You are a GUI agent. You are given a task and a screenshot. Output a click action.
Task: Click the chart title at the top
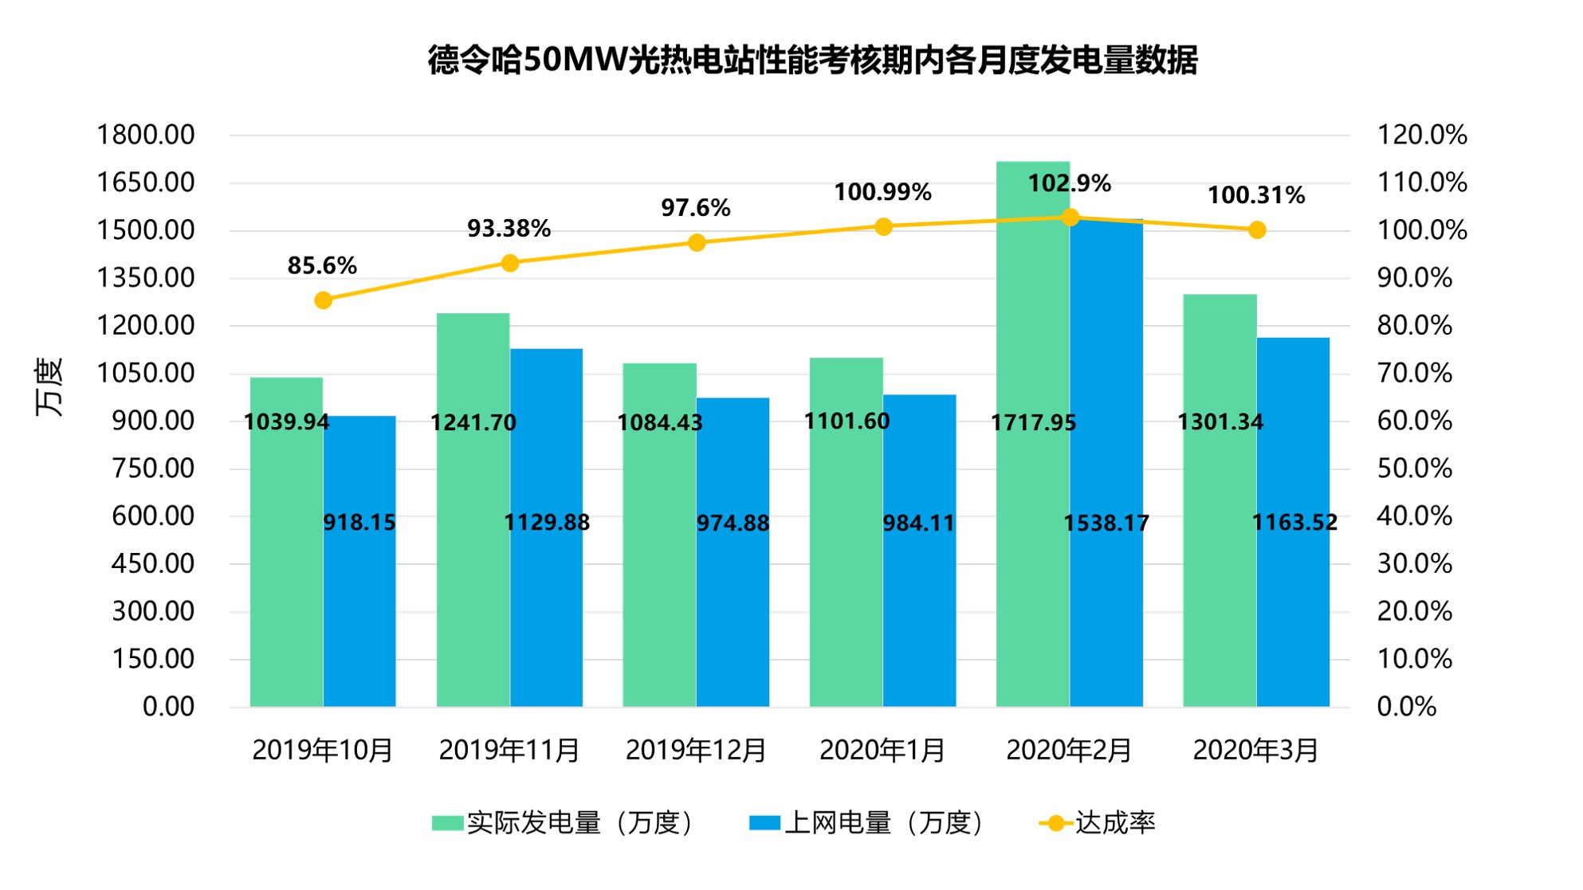tap(812, 60)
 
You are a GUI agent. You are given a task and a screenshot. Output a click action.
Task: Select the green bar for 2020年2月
tap(1032, 558)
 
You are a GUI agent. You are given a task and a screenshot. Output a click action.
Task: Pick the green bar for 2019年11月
tap(473, 558)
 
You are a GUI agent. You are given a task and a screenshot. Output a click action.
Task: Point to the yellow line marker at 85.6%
tap(323, 300)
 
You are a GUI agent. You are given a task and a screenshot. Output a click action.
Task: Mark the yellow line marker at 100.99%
tap(883, 227)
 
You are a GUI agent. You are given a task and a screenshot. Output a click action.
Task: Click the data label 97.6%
tap(695, 208)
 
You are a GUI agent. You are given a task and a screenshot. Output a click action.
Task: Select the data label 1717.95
tap(1033, 422)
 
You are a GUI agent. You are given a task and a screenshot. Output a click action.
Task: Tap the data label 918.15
tap(359, 523)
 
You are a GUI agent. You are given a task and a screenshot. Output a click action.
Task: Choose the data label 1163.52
tap(1294, 523)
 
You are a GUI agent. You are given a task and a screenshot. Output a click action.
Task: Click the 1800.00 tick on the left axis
tap(145, 135)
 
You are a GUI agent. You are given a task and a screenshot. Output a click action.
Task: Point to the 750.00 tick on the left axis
tap(153, 469)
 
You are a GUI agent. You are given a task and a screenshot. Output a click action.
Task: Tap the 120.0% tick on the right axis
tap(1422, 135)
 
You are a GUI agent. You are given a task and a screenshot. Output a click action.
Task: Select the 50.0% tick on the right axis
tap(1415, 469)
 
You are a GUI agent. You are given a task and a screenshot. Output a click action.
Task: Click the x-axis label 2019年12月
tap(696, 750)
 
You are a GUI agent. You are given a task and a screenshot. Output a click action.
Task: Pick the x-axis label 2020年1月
tap(882, 750)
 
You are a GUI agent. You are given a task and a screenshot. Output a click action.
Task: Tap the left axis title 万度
tap(49, 388)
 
